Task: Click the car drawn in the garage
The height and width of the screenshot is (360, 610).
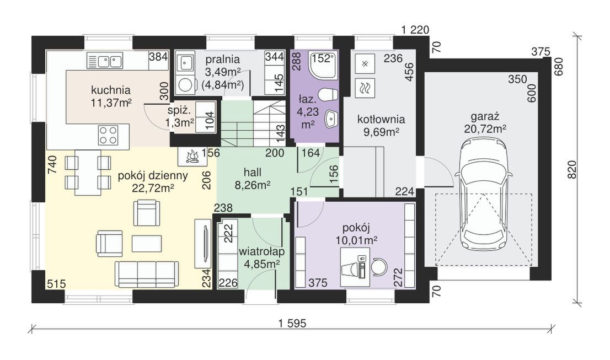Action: pyautogui.click(x=484, y=196)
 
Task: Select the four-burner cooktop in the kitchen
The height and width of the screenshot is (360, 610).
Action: pyautogui.click(x=108, y=135)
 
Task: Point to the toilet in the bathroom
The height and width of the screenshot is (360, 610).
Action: pyautogui.click(x=328, y=94)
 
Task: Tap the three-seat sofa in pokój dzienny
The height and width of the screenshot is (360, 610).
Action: pyautogui.click(x=146, y=275)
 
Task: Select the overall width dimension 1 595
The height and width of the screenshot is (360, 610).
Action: pyautogui.click(x=292, y=323)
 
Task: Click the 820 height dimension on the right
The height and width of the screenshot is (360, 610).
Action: pyautogui.click(x=572, y=169)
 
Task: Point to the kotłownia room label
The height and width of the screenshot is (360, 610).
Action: pyautogui.click(x=381, y=119)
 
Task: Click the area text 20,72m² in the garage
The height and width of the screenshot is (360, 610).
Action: pyautogui.click(x=485, y=128)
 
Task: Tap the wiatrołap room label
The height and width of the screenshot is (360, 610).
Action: pyautogui.click(x=261, y=251)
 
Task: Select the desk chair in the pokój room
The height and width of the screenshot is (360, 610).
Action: pyautogui.click(x=378, y=267)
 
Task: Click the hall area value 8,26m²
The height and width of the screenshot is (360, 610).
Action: pyautogui.click(x=253, y=185)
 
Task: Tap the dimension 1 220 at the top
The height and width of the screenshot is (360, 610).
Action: pyautogui.click(x=415, y=30)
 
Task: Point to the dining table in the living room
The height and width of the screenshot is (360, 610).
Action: pyautogui.click(x=88, y=172)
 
